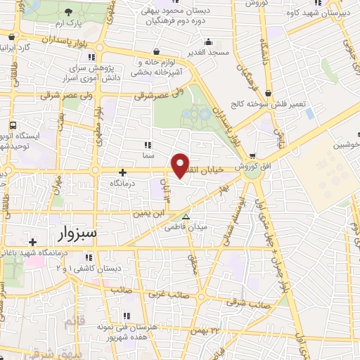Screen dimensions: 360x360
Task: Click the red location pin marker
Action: pos(181,165)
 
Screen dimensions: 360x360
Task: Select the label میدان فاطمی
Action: pos(186,227)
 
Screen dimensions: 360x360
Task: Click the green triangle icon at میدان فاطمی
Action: pos(186,217)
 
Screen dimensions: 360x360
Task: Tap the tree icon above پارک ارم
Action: pos(67,12)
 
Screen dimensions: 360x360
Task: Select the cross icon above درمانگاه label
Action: pos(122,172)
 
